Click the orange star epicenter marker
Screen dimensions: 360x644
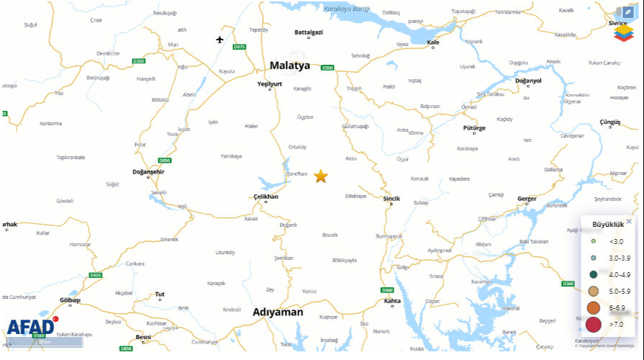pyautogui.click(x=320, y=176)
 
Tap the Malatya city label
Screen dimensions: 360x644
pyautogui.click(x=289, y=66)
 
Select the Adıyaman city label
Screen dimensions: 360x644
pyautogui.click(x=278, y=312)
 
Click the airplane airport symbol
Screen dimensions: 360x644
pyautogui.click(x=220, y=39)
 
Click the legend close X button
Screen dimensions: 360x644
pyautogui.click(x=629, y=222)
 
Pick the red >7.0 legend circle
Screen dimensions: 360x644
pyautogui.click(x=594, y=325)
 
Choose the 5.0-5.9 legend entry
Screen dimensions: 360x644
pyautogui.click(x=609, y=291)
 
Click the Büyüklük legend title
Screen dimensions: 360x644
pyautogui.click(x=602, y=225)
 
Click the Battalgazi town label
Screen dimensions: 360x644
pyautogui.click(x=309, y=32)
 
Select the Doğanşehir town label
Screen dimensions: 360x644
pyautogui.click(x=149, y=171)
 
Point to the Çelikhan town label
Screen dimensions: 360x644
pyautogui.click(x=266, y=196)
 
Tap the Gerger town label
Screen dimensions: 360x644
pyautogui.click(x=527, y=197)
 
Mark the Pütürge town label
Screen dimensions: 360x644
pyautogui.click(x=474, y=127)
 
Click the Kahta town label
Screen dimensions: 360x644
pyautogui.click(x=392, y=300)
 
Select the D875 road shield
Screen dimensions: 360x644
pyautogui.click(x=240, y=47)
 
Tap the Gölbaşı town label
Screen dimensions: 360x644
pyautogui.click(x=70, y=300)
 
